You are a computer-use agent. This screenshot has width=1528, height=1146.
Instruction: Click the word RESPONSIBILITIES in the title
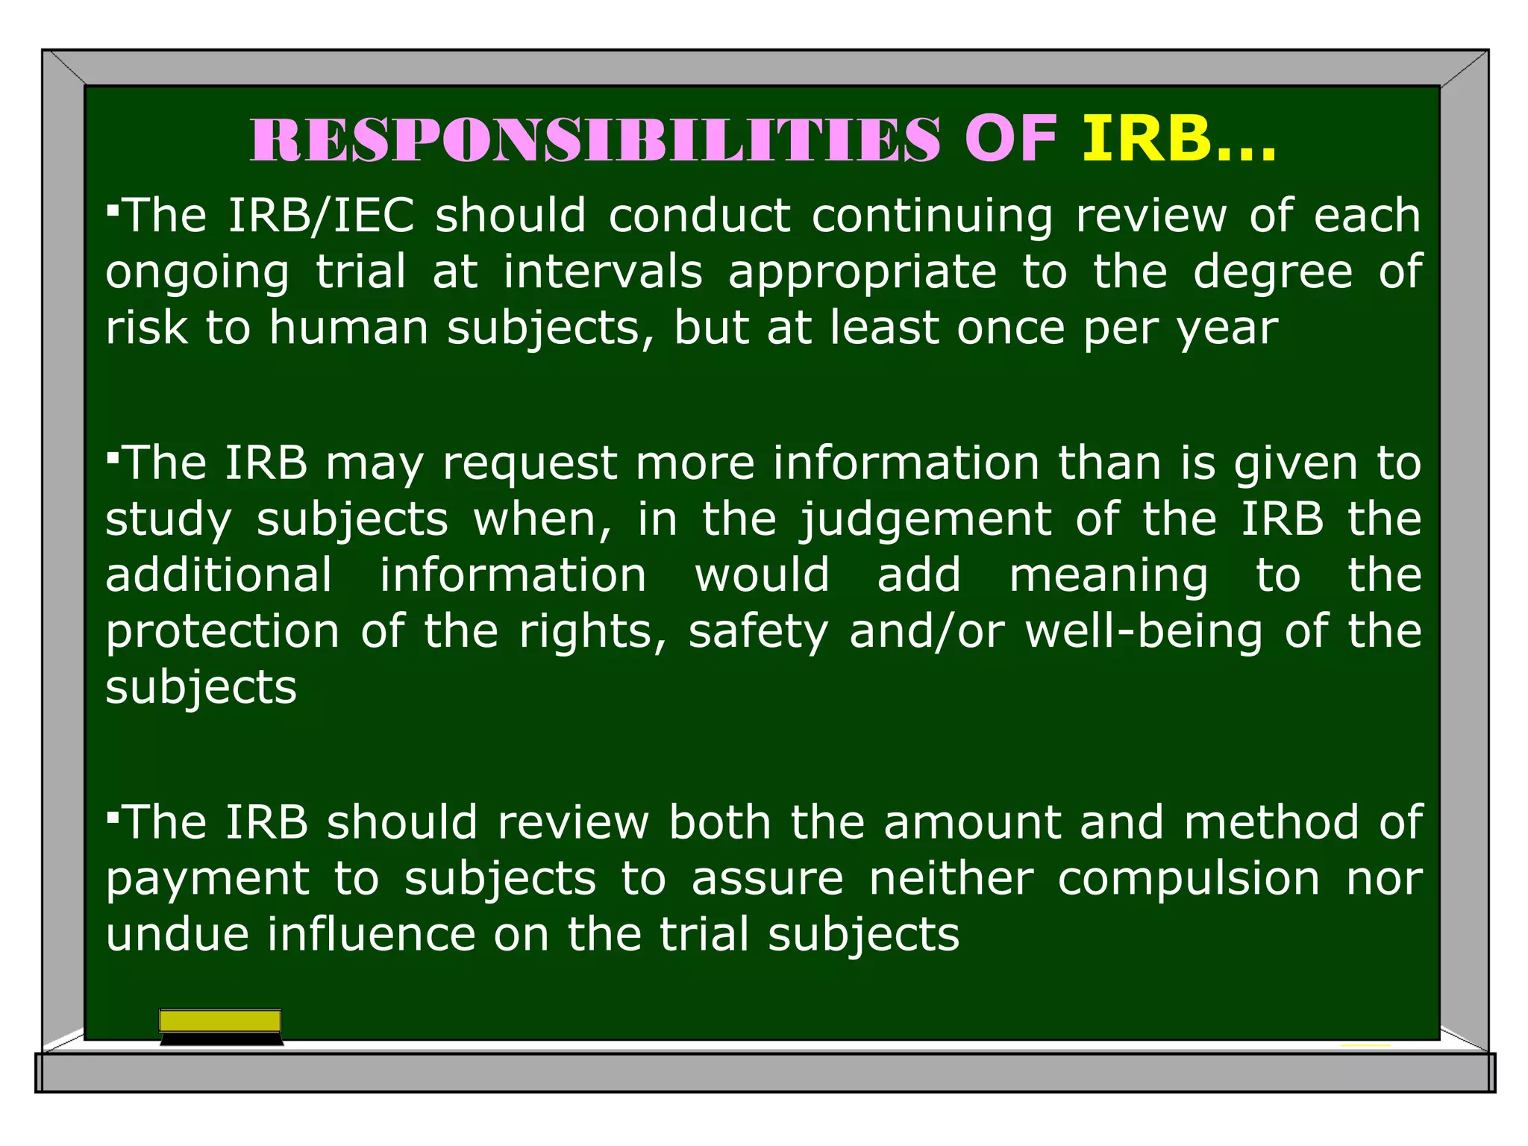pos(595,140)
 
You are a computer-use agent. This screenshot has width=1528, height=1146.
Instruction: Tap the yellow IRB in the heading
pos(1146,140)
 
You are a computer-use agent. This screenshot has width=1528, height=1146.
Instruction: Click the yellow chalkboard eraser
pos(221,1027)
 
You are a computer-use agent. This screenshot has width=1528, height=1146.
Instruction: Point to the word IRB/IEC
pos(321,216)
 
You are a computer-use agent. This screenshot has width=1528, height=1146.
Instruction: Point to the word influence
pos(372,935)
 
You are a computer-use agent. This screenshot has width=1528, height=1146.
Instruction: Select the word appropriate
pos(862,273)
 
